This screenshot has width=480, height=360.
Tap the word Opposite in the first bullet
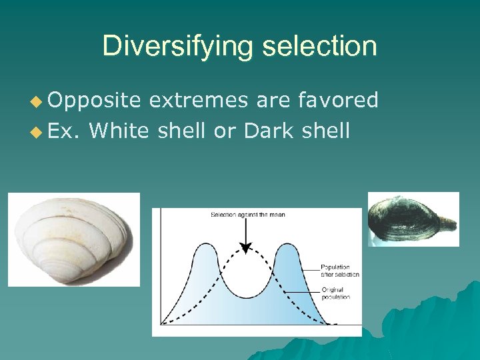coord(94,100)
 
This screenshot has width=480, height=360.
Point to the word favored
coord(339,100)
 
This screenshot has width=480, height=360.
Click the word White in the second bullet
coord(119,130)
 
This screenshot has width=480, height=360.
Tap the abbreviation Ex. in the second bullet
coord(63,130)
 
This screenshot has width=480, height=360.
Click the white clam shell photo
coord(73,239)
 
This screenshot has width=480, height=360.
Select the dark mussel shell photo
coord(413,219)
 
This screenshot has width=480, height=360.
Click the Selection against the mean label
coord(248,215)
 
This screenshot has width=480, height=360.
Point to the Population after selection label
coord(340,271)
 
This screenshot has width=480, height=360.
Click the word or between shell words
coord(222,130)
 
